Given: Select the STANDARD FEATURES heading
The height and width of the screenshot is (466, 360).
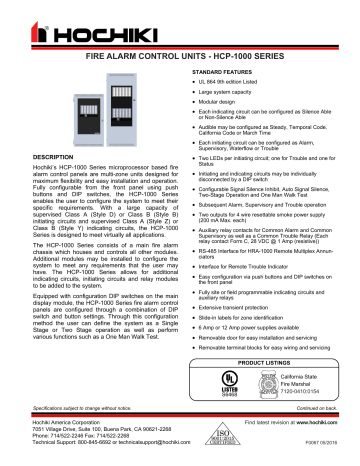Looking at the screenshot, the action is pos(222,73).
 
